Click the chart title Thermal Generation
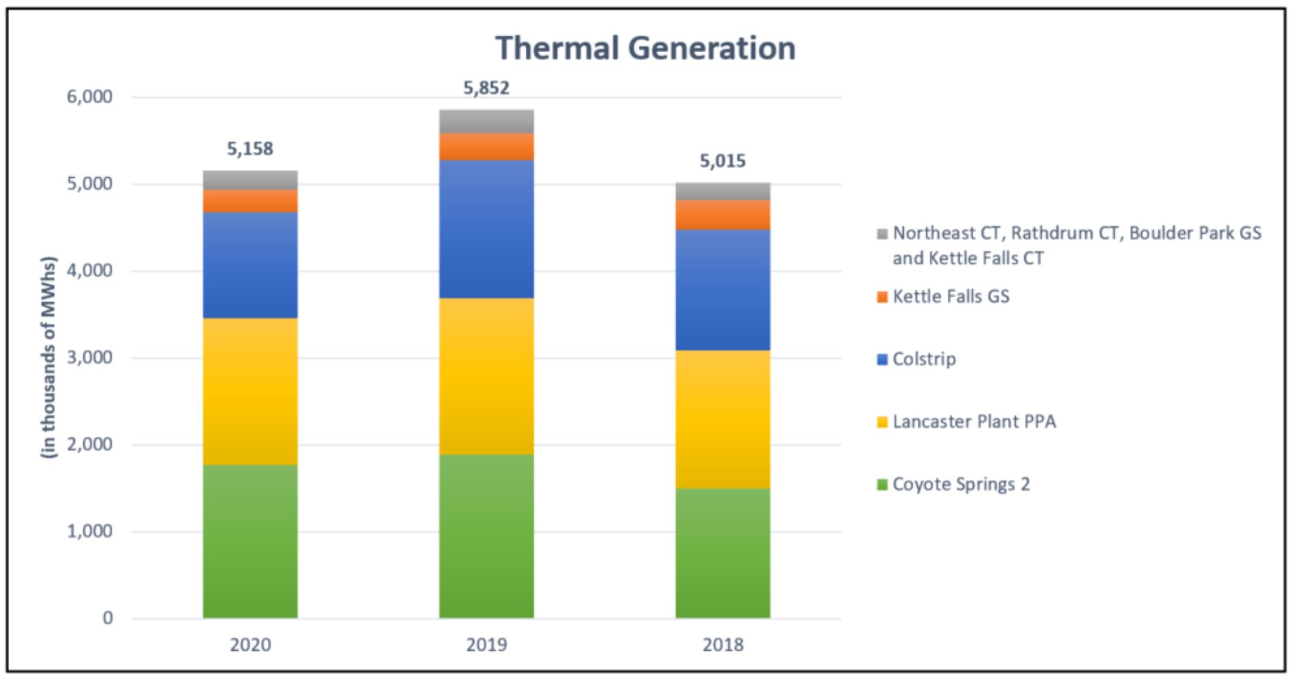coord(645,48)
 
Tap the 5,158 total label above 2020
coord(250,149)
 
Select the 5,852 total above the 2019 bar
coord(486,88)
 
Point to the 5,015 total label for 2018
coord(722,161)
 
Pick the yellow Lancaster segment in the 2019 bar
coord(486,376)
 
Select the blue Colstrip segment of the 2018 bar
coord(722,290)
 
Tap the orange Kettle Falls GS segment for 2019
coord(486,147)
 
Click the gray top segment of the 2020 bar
coord(250,180)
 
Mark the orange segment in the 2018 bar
coord(722,215)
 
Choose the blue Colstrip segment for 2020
coord(250,265)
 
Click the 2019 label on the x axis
coord(486,644)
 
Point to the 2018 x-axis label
coord(722,644)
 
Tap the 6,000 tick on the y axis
coord(90,97)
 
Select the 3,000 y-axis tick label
coord(90,358)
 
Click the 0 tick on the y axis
coord(107,618)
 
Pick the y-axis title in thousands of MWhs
coord(49,358)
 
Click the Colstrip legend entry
coord(924,359)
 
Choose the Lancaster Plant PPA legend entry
coord(974,421)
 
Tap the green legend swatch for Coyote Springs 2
coord(882,484)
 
